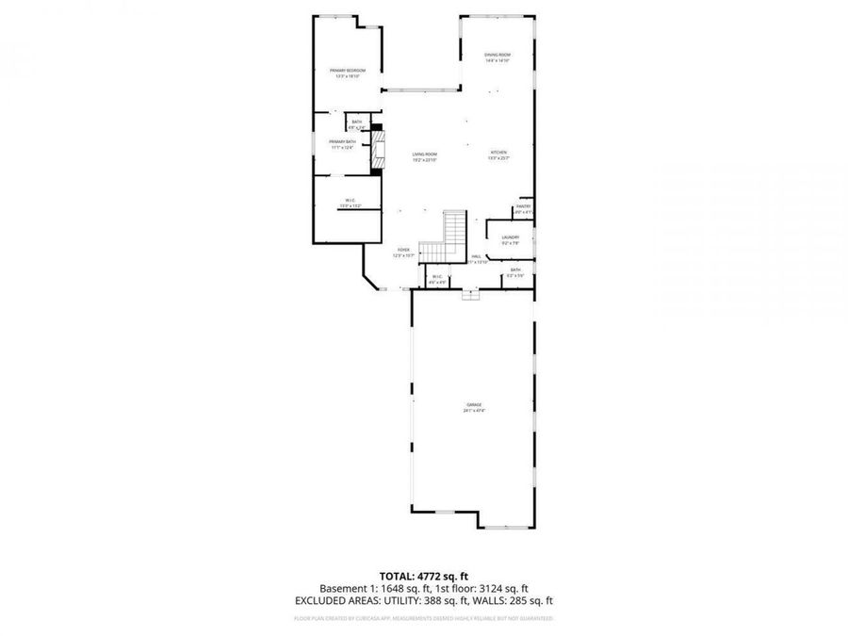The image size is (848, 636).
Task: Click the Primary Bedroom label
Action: click(x=348, y=71)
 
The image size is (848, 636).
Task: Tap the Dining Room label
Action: click(x=497, y=56)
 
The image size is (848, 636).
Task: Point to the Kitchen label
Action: click(x=498, y=153)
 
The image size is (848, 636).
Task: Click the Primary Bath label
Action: click(x=343, y=141)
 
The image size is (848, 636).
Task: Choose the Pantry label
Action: click(x=524, y=206)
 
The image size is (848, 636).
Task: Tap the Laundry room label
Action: click(x=511, y=237)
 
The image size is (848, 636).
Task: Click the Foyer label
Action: click(x=403, y=250)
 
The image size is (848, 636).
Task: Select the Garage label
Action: click(x=473, y=405)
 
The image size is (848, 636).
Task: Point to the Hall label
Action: click(x=477, y=256)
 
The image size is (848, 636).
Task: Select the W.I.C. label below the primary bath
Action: click(x=349, y=200)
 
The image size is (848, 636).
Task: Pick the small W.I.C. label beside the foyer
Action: click(x=436, y=276)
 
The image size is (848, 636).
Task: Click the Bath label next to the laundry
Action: click(x=515, y=270)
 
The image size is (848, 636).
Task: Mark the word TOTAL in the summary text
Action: click(x=396, y=575)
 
